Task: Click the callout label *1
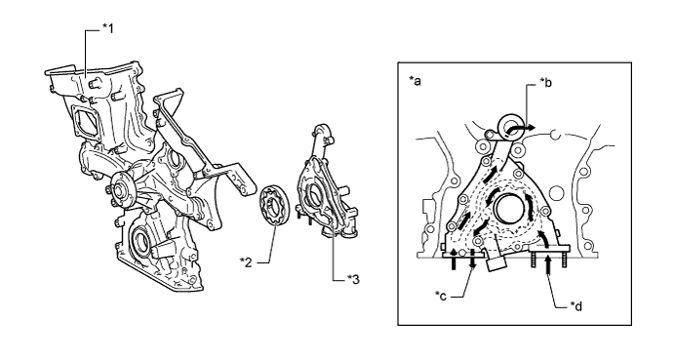pyautogui.click(x=108, y=29)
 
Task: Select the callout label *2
pyautogui.click(x=246, y=261)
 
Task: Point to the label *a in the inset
pyautogui.click(x=415, y=80)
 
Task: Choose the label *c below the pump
pyautogui.click(x=441, y=296)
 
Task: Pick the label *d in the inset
pyautogui.click(x=576, y=305)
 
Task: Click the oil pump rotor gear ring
pyautogui.click(x=274, y=204)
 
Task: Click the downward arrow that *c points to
pyautogui.click(x=472, y=260)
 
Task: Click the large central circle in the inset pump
pyautogui.click(x=510, y=208)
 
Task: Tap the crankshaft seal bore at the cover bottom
pyautogui.click(x=141, y=240)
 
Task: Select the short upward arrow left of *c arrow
pyautogui.click(x=454, y=260)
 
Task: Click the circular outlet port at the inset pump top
pyautogui.click(x=510, y=127)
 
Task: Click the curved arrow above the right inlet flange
pyautogui.click(x=543, y=239)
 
